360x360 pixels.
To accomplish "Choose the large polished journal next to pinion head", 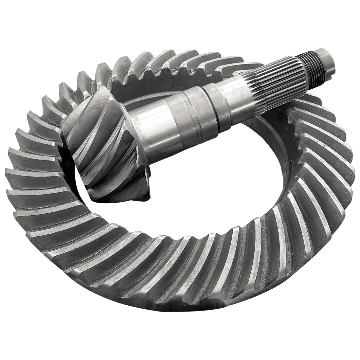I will [x=157, y=126].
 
